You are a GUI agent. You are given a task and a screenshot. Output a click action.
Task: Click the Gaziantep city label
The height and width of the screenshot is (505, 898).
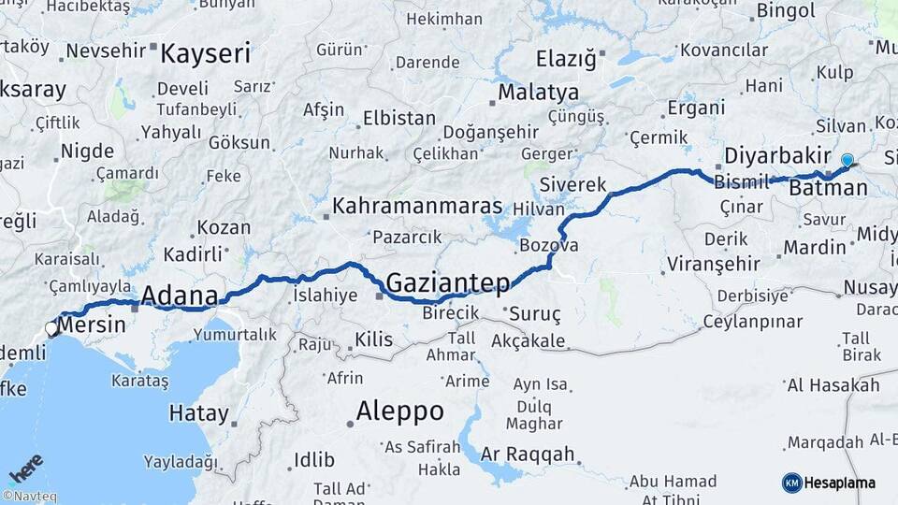448,282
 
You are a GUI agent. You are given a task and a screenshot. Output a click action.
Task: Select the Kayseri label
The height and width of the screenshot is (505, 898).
206,53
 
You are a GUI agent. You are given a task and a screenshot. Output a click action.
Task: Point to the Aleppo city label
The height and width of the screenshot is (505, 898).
399,411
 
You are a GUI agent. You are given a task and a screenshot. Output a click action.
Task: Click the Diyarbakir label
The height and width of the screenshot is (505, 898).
777,154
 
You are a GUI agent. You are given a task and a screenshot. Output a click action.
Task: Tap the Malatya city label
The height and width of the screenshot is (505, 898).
538,93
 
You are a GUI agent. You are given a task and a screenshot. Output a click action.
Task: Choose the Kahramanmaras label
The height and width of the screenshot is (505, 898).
417,206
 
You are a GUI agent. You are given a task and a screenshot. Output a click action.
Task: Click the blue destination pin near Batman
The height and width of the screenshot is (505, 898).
847,161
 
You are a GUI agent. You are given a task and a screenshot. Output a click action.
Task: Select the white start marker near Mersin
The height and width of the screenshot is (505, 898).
52,328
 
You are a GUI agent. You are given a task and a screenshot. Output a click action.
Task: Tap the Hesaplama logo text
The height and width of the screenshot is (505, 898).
839,483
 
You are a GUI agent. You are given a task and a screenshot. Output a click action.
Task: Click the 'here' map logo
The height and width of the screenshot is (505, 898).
26,469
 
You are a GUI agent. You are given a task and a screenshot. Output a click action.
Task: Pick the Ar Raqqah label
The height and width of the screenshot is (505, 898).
527,454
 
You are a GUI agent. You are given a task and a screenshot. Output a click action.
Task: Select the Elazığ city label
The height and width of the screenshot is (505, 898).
565,59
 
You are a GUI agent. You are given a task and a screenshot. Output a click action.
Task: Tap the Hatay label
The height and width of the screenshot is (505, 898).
198,412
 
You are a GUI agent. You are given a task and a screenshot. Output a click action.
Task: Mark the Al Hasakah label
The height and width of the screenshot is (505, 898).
833,385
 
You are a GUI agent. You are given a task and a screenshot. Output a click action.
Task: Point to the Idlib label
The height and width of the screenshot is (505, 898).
313,459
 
